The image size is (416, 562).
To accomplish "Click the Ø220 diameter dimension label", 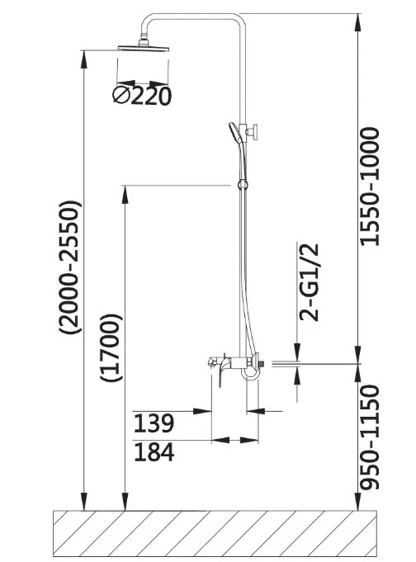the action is coord(142,96).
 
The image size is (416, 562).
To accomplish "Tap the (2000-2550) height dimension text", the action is coord(70,267).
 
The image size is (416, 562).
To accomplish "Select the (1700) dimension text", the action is coord(111,347).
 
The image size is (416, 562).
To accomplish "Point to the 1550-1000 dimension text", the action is coord(370,187).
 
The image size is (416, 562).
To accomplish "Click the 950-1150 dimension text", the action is coord(370,437).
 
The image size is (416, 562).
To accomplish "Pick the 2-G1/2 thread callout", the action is coord(309,282).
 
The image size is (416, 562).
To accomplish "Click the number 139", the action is coord(154,423).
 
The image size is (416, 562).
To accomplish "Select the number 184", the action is coord(154,452).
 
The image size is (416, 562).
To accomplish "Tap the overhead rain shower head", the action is coord(144,47).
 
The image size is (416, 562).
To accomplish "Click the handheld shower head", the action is coord(234,132).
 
